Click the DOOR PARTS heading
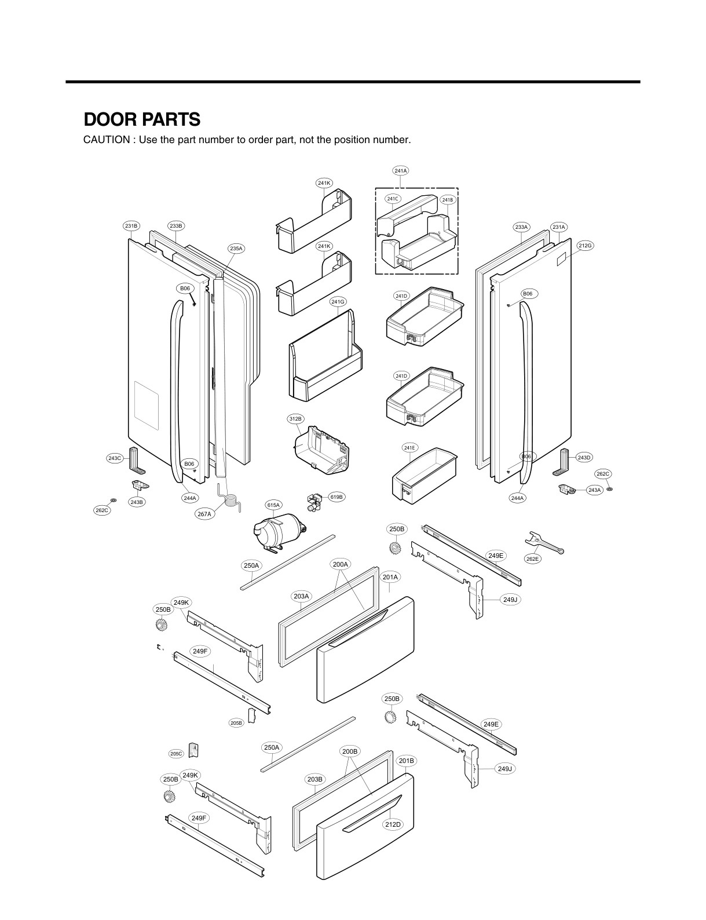tap(142, 119)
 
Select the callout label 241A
tap(400, 170)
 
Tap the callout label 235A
tap(236, 249)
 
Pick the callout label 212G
tap(585, 246)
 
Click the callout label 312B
tap(295, 418)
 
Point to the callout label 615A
tap(273, 505)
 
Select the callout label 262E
tap(533, 559)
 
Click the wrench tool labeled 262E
tap(544, 543)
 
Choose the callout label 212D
tap(393, 824)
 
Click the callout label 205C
tap(176, 754)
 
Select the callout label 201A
tap(390, 577)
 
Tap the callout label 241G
tap(338, 301)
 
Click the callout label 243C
tap(115, 458)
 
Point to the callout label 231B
tap(131, 225)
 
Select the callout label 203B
tap(314, 779)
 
